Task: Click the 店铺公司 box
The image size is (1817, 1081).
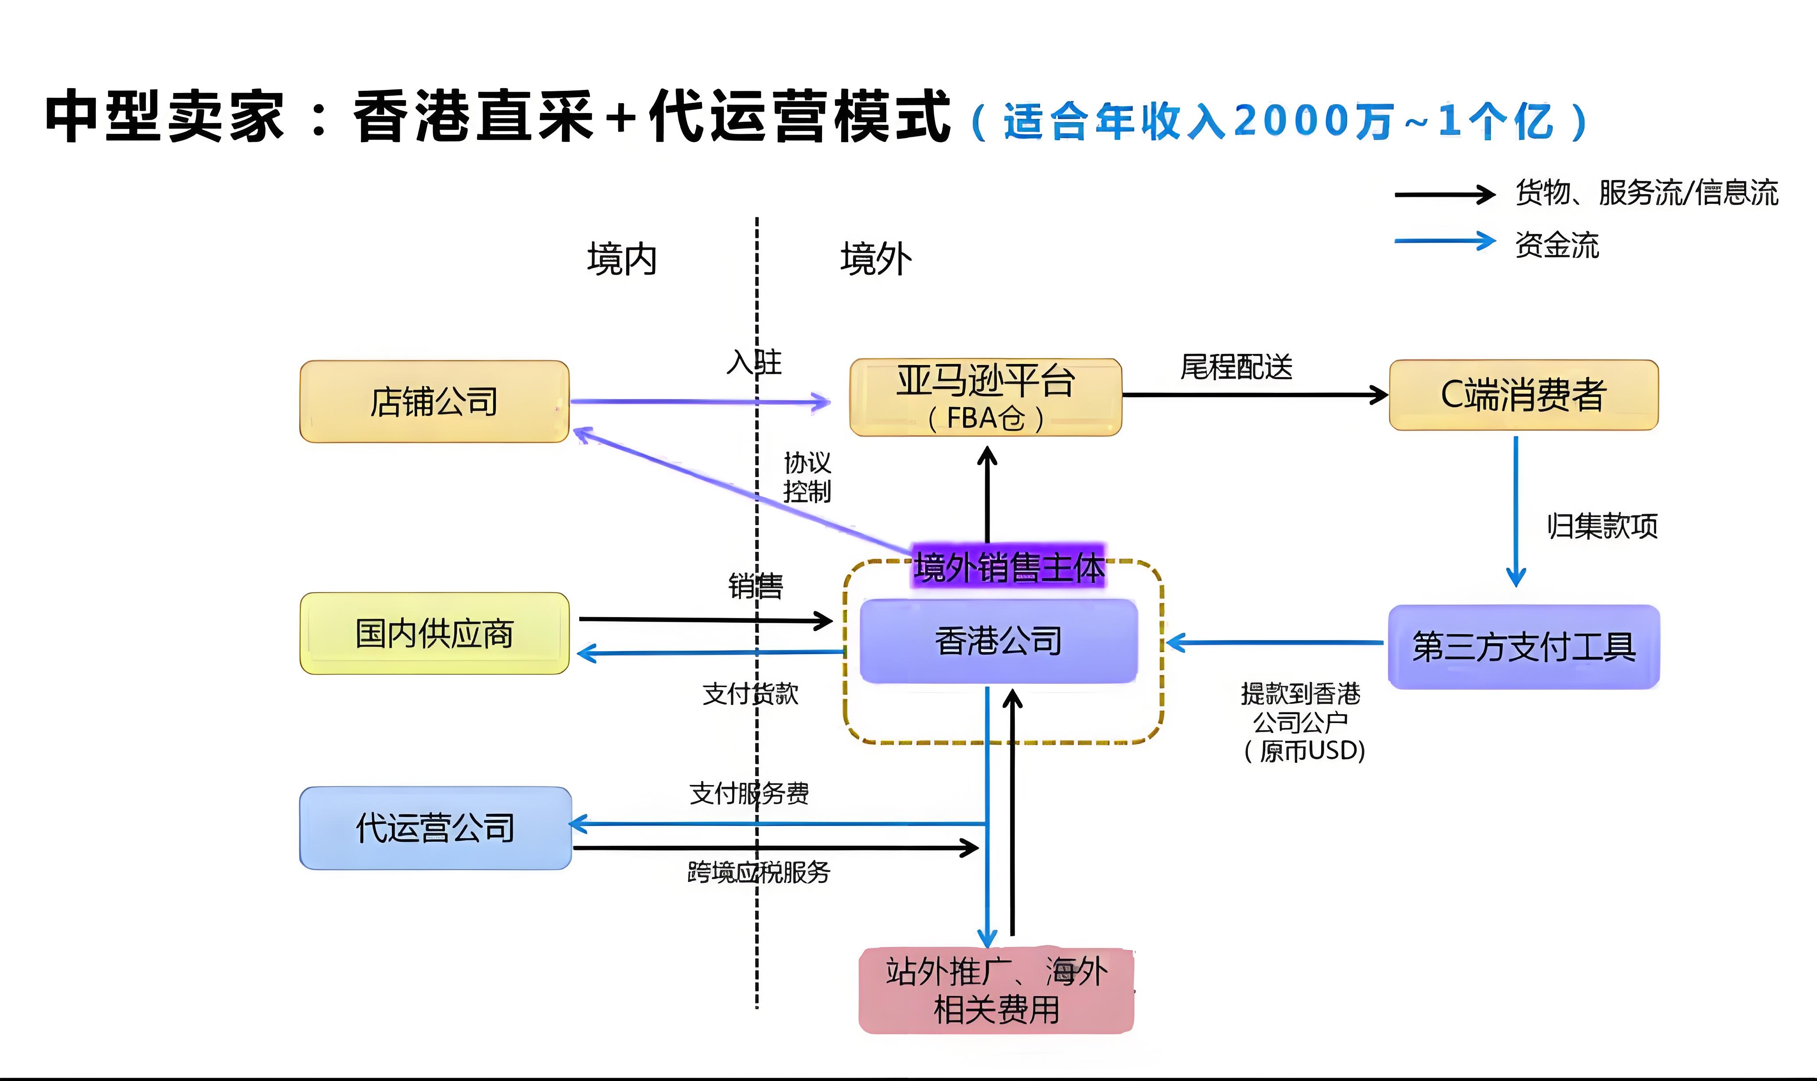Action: coord(434,401)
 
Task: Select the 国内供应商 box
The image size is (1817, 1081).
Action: coord(434,633)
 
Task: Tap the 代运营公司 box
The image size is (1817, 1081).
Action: coord(435,828)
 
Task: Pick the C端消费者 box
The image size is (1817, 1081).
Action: coord(1523,395)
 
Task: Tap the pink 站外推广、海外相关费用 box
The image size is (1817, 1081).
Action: coord(996,991)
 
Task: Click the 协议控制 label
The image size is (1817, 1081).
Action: coord(807,477)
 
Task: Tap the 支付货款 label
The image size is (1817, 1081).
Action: coord(750,693)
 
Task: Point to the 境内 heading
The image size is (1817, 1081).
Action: coord(621,259)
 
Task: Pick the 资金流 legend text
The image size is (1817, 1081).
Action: coord(1557,245)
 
